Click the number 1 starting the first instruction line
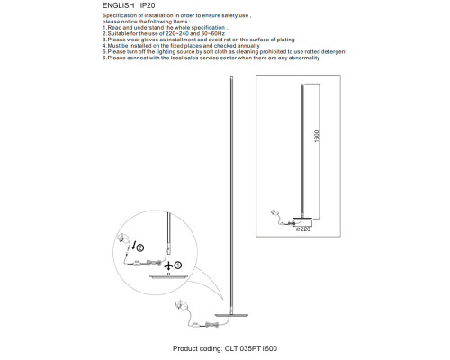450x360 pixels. [x=103, y=29]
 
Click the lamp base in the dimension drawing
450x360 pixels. [x=302, y=221]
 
